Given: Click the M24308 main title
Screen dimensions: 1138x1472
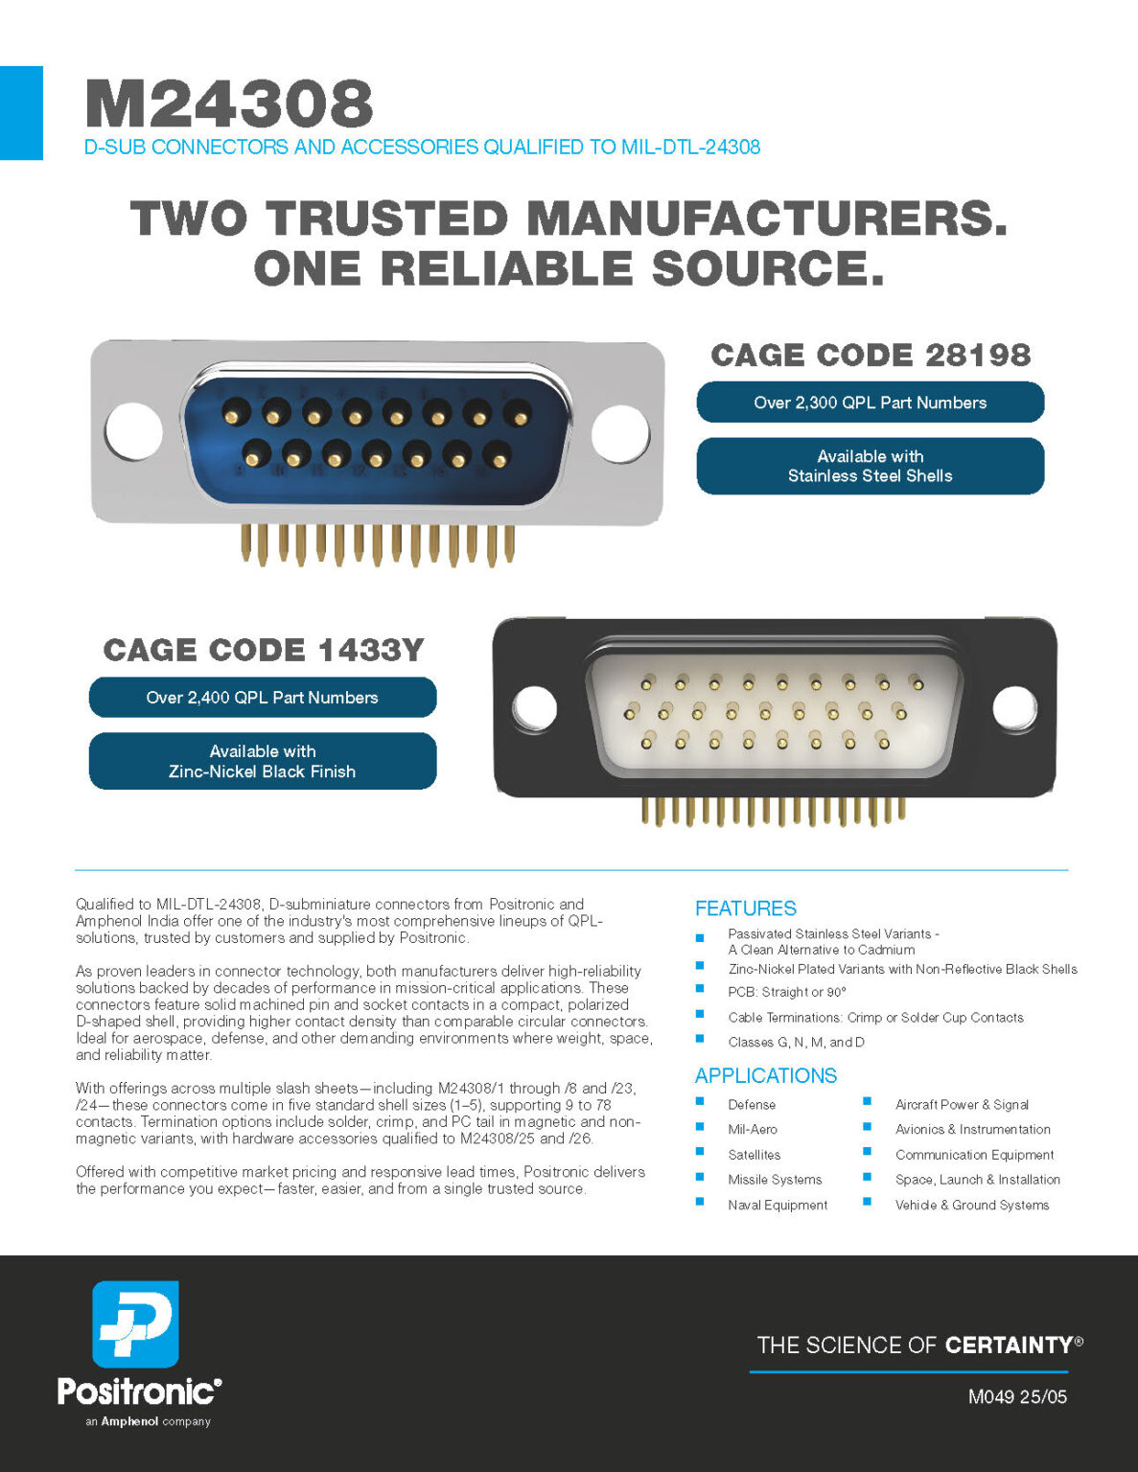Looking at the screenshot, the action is coord(229,103).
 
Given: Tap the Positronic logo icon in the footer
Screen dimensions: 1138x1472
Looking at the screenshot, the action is coord(135,1323).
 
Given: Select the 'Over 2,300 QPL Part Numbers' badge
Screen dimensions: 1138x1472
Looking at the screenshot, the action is coord(871,402).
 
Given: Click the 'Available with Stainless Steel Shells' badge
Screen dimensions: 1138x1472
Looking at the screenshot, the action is coord(871,466).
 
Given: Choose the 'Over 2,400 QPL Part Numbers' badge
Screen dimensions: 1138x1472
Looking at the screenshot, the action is coord(263,697).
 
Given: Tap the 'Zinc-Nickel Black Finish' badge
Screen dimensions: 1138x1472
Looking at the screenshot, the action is coord(263,761).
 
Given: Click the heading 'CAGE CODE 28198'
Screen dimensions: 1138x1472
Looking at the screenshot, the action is coord(871,355).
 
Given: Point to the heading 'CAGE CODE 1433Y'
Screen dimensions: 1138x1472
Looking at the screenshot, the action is coord(264,651).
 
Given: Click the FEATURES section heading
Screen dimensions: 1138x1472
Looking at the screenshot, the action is coord(746,908).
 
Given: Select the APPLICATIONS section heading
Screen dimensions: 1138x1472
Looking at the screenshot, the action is coord(766,1075).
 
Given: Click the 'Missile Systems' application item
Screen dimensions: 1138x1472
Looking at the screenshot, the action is coord(775,1180).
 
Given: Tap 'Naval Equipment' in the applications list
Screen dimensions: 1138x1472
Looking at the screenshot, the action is coord(778,1205).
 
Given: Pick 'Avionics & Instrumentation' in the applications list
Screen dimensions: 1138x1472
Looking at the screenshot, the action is coord(973,1129).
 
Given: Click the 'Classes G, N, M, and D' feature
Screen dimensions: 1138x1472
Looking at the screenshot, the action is coord(797,1042).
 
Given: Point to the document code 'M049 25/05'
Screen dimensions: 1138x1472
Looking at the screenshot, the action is coord(1017,1397).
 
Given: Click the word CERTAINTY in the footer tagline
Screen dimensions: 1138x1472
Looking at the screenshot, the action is coord(1009,1345).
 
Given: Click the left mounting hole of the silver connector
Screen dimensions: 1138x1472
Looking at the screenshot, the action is coord(133,431).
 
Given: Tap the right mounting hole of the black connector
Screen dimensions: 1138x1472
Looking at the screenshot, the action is coord(1014,708).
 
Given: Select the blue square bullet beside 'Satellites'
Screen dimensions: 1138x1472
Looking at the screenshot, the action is coord(700,1151).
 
